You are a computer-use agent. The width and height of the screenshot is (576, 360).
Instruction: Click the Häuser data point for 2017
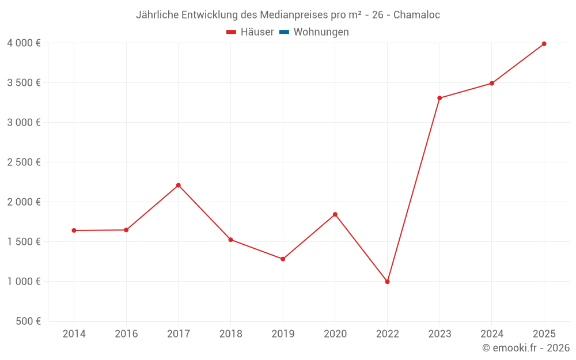click(179, 185)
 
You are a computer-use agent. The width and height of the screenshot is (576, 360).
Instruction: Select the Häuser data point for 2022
click(387, 282)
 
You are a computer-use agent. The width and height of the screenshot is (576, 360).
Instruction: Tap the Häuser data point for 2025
click(544, 44)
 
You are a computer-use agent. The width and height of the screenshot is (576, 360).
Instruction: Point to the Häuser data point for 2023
click(439, 98)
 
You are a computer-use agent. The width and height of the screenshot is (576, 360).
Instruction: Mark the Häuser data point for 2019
click(283, 259)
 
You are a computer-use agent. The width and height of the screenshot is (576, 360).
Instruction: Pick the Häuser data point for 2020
click(335, 214)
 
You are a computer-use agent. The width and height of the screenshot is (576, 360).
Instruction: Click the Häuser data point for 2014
click(74, 230)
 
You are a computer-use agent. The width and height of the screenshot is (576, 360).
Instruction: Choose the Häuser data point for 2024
click(492, 84)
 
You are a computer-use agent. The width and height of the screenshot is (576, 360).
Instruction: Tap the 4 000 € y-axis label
click(24, 43)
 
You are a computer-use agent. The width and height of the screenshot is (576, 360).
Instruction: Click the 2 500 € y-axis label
click(24, 162)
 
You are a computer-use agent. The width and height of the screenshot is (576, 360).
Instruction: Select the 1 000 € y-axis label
click(24, 282)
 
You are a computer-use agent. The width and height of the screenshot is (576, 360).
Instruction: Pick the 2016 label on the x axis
click(126, 334)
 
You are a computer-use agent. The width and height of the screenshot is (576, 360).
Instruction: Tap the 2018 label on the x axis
click(230, 334)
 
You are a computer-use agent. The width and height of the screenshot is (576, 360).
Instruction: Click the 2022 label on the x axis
click(387, 334)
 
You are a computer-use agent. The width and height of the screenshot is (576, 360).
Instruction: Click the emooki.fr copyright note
click(526, 348)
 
